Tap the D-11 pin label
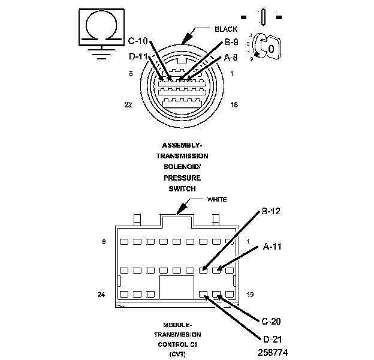point(139,57)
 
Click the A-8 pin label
point(231,58)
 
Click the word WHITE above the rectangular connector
point(217,199)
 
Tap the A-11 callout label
point(272,246)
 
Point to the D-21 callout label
point(271,340)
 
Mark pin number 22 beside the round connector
point(128,104)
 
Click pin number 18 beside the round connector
point(234,104)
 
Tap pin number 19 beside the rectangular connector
point(251,295)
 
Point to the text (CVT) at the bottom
point(178,355)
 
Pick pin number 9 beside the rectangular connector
point(104,242)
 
